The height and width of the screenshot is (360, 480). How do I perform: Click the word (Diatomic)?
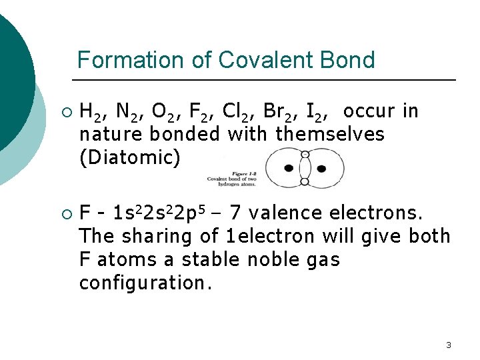coord(129,158)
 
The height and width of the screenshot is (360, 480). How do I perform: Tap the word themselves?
coord(330,134)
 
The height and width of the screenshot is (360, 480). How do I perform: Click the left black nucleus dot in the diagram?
coord(289,168)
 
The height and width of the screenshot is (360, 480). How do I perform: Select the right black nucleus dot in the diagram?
coord(321,168)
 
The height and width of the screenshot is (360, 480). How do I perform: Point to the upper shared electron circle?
coord(305,155)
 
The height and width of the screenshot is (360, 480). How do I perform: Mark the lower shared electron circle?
coord(305,181)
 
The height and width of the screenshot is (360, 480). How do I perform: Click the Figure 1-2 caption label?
coord(233,174)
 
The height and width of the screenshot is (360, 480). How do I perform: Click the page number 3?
coord(448,345)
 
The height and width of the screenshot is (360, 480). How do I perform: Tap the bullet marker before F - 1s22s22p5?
coord(65,214)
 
